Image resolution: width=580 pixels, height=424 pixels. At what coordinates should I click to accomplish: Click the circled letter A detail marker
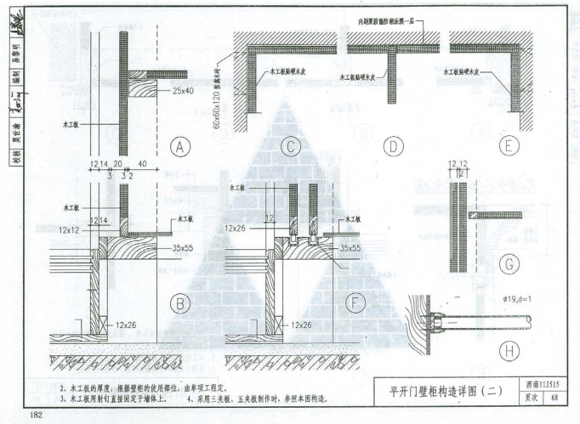tap(180, 147)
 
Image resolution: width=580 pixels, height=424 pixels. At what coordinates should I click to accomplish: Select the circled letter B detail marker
tap(180, 302)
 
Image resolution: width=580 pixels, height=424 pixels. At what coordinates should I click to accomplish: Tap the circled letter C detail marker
tap(290, 147)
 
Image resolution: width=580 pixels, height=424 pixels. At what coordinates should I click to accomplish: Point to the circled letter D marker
tap(394, 147)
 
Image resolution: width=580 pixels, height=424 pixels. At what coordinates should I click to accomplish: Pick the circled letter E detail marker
tap(509, 147)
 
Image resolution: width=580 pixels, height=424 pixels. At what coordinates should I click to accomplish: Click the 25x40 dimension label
tap(184, 90)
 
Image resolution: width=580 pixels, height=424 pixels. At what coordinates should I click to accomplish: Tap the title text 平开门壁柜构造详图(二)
tap(446, 392)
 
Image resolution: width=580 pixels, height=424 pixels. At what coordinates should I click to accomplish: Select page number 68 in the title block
tap(555, 398)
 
